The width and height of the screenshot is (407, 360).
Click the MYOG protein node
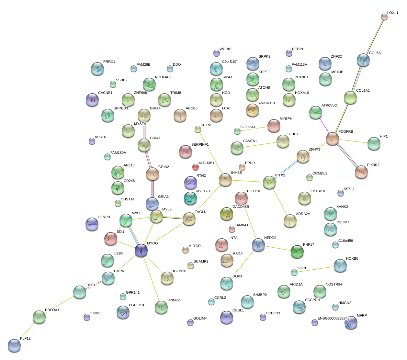(141, 250)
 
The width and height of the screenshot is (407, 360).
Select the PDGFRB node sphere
(332, 139)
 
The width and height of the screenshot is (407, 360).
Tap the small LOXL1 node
(384, 17)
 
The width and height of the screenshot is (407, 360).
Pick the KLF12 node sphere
(14, 345)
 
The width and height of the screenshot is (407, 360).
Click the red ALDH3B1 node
(196, 167)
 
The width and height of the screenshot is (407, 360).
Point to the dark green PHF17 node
(297, 251)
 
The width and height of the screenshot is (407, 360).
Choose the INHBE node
(225, 180)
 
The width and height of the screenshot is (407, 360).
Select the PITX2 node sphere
(269, 182)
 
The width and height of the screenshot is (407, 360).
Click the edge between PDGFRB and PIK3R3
(346, 155)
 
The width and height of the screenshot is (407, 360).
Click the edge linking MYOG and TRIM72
(151, 279)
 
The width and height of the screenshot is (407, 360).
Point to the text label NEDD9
(270, 238)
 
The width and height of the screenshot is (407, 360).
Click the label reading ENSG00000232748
(334, 318)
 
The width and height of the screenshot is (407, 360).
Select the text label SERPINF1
(200, 144)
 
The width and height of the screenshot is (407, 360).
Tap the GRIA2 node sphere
(153, 174)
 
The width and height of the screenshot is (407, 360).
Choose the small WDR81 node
(217, 53)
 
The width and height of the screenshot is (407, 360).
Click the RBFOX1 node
(39, 317)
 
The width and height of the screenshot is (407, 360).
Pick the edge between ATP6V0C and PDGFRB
(324, 126)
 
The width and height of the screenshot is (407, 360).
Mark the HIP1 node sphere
(374, 143)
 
